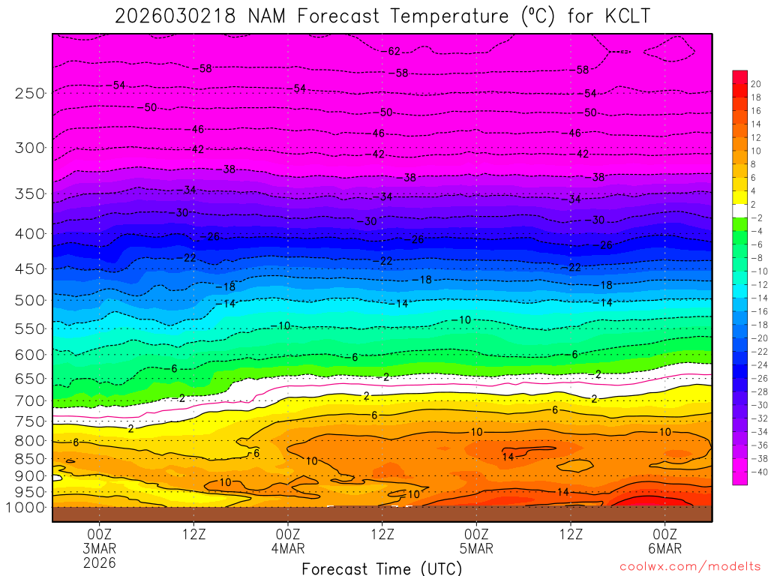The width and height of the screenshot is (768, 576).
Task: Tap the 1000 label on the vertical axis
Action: [x=26, y=508]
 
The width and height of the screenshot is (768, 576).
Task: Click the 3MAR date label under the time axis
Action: [x=100, y=548]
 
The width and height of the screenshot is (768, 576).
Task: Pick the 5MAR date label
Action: [x=476, y=548]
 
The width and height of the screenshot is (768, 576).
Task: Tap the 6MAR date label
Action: [x=665, y=548]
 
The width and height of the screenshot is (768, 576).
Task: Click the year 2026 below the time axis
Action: [x=100, y=562]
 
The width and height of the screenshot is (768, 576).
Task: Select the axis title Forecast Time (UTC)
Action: [x=382, y=568]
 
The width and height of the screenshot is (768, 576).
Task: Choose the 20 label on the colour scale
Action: [x=755, y=84]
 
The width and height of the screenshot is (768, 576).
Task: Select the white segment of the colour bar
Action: [x=739, y=210]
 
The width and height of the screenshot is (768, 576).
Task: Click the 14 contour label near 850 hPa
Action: [x=508, y=457]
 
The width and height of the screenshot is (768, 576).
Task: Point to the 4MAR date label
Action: [x=288, y=548]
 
